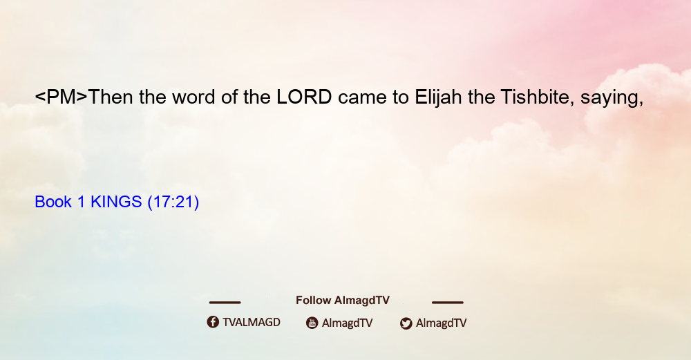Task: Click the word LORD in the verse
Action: coord(304,97)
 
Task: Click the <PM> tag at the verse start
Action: coord(61,97)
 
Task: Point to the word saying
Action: coord(612,99)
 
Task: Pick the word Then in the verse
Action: coord(111,97)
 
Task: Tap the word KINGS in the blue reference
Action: coord(116,202)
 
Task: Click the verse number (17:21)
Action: coord(173,202)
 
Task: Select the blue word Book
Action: coord(53,202)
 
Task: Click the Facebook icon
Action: coord(213,322)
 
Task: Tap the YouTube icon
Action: coord(312,323)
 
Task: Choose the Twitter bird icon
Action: coord(406,323)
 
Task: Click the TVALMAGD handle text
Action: coord(252,322)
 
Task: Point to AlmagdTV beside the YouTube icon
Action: coord(348,323)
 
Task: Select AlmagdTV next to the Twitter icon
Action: coord(441,323)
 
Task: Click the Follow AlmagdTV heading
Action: coord(343,300)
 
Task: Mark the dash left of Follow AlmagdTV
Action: coord(225,302)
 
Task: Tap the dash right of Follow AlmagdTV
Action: coord(448,302)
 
